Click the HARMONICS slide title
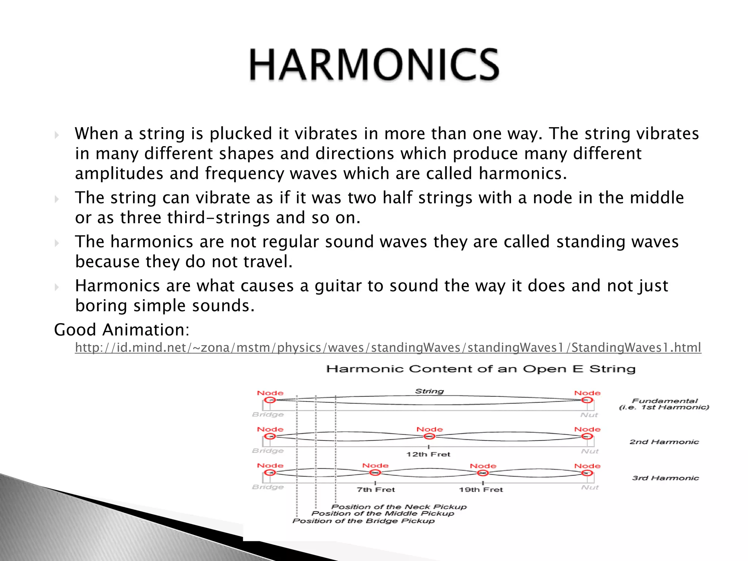click(374, 65)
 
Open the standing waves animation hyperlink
click(388, 347)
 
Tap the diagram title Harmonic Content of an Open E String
click(481, 369)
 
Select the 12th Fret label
click(428, 454)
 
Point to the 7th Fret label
click(376, 490)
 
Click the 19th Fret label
click(481, 490)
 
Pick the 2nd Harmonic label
click(664, 442)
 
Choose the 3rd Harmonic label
click(665, 478)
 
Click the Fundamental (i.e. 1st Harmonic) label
click(664, 404)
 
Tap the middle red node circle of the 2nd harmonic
click(430, 436)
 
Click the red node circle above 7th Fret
click(375, 473)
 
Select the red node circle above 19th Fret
click(483, 473)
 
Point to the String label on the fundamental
click(429, 391)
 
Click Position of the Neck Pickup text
click(399, 507)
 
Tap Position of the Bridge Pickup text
click(363, 521)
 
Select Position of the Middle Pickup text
click(383, 514)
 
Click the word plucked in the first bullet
click(241, 134)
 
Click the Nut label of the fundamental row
click(589, 415)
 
